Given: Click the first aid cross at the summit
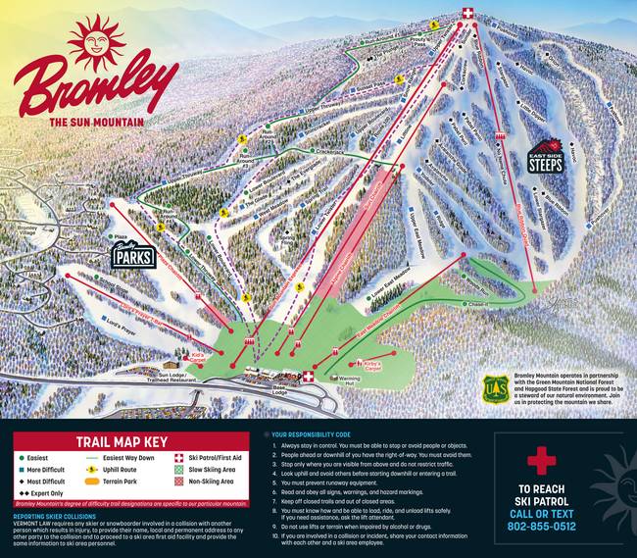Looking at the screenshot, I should tap(468, 13).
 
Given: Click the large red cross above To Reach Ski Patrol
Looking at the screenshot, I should tap(541, 460).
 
